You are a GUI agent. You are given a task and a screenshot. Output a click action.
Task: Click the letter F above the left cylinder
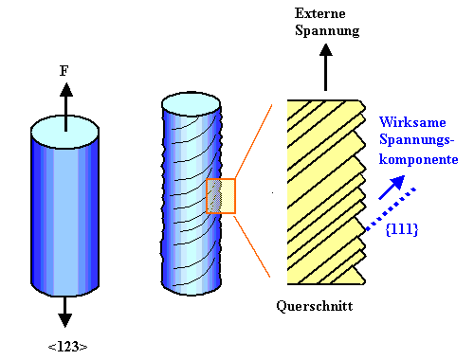point(64,71)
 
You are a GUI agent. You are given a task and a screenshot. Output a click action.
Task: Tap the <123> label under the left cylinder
point(67,347)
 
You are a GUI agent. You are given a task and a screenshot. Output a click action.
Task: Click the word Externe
point(319,13)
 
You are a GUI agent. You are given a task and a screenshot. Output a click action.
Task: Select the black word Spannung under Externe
point(327,31)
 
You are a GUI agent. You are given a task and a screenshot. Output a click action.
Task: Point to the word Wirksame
point(412,122)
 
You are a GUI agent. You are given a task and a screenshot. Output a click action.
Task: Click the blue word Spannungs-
point(416,140)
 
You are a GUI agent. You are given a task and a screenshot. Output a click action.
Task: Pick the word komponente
point(418,159)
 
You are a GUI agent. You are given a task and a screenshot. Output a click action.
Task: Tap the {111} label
point(402,229)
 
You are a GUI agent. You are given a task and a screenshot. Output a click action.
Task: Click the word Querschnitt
point(315,306)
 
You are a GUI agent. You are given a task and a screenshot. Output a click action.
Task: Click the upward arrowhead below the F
point(66,90)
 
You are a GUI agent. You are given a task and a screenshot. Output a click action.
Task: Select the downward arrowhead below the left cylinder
point(64,320)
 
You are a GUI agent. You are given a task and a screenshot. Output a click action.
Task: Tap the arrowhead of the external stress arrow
point(325,50)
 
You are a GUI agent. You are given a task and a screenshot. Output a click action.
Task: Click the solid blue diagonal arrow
point(392,188)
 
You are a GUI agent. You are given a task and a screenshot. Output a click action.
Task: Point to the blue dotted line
point(391,209)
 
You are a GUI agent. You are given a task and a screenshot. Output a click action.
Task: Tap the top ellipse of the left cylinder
point(64,132)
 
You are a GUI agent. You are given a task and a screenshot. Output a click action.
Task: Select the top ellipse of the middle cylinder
point(191,104)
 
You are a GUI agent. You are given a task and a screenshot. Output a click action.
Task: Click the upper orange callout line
point(253,142)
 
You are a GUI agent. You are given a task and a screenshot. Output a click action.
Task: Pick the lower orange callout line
point(252,245)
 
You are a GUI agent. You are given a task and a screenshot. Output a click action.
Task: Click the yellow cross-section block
point(326,192)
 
